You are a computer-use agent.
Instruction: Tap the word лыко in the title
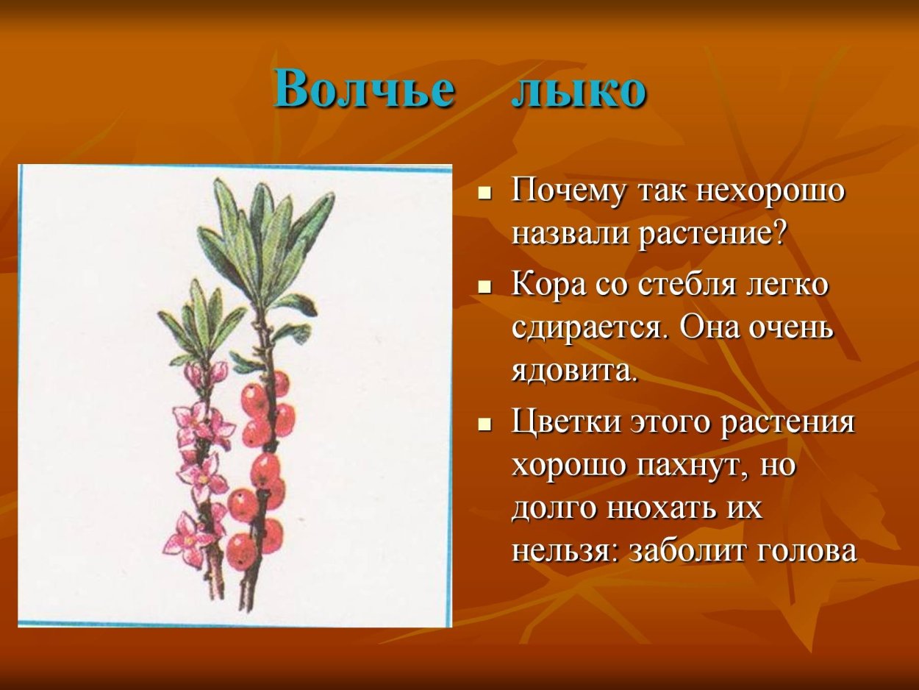click(x=579, y=90)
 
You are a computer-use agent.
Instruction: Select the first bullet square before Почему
click(x=484, y=195)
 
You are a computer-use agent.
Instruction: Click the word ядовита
click(x=574, y=371)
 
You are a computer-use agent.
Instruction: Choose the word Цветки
click(x=562, y=424)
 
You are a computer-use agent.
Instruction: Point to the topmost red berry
click(x=277, y=383)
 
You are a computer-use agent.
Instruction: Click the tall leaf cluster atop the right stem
click(x=265, y=235)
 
